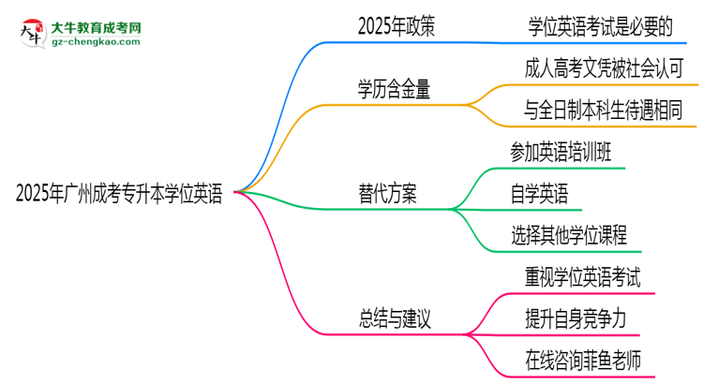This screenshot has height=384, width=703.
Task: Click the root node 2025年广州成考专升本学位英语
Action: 119,195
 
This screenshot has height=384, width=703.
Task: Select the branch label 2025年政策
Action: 396,27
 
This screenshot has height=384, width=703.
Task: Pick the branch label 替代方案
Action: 387,194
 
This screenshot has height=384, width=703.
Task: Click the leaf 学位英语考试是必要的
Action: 600,27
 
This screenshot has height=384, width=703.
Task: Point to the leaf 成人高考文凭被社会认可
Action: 609,69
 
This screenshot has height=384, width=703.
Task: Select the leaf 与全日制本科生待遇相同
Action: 609,111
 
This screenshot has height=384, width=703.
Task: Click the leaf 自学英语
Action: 539,195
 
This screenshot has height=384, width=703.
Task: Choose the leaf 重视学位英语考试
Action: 583,277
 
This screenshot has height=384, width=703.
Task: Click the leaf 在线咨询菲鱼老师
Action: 583,360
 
